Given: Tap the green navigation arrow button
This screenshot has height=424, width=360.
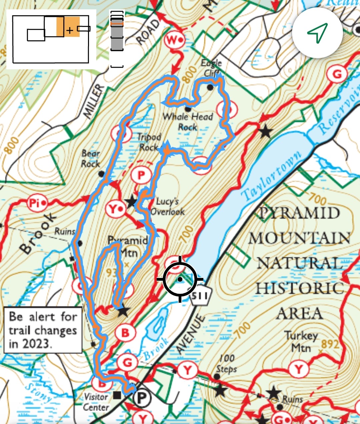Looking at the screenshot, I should [317, 33].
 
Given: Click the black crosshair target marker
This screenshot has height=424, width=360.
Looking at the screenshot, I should [180, 279].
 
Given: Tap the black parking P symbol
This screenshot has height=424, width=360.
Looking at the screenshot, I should [142, 397].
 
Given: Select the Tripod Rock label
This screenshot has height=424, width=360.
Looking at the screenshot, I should [149, 142].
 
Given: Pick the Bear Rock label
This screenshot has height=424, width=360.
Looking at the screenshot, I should [91, 158].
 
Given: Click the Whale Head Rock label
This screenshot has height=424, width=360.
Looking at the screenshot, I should [188, 122].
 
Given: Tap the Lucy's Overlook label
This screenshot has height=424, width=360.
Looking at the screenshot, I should [168, 206].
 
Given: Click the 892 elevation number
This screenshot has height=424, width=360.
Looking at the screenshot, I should [330, 344].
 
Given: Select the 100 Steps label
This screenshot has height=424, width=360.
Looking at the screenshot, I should [226, 363].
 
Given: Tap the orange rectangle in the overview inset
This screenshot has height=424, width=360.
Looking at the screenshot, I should [68, 27].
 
